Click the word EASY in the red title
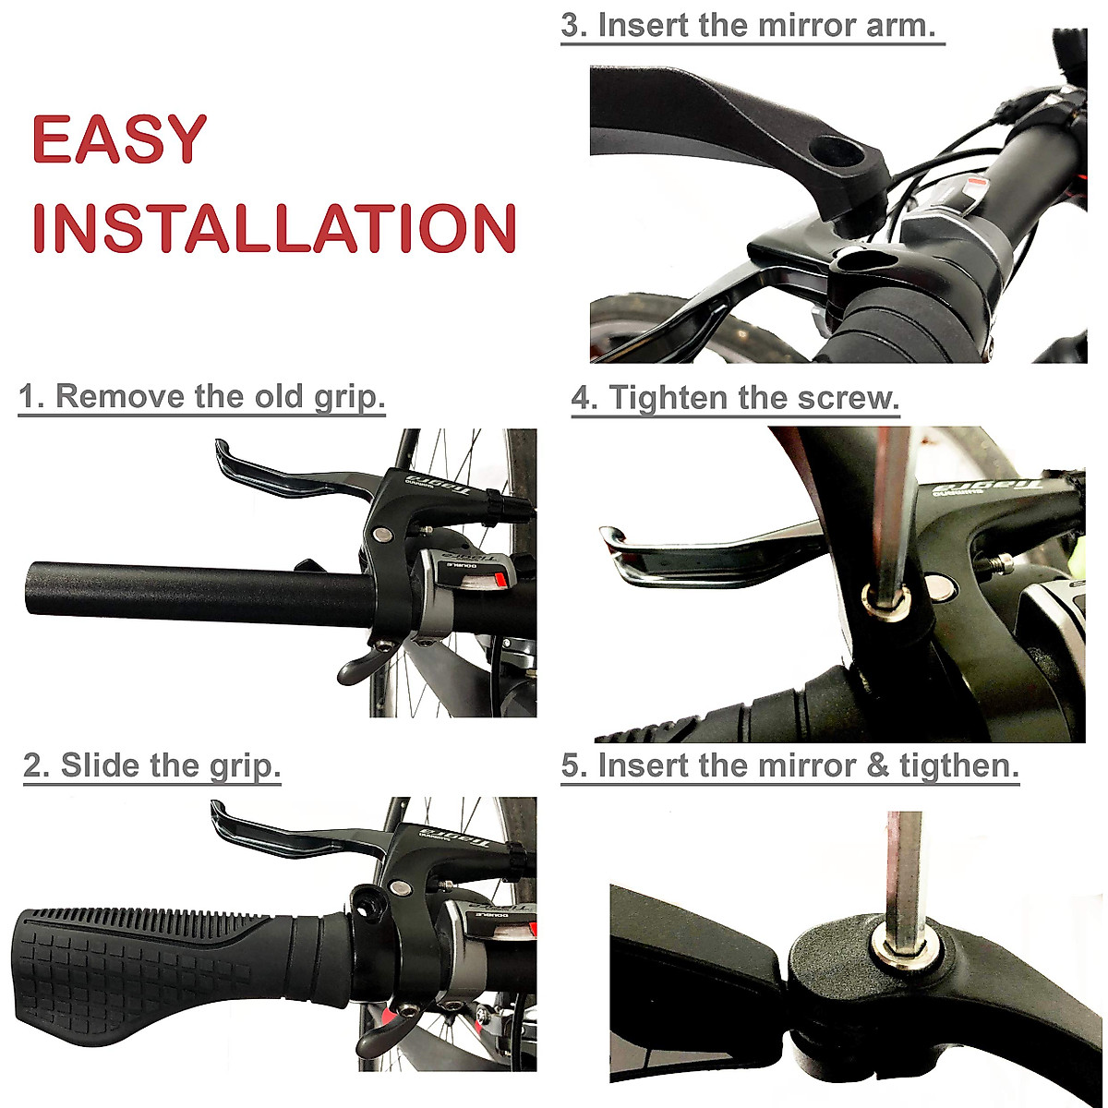point(118,140)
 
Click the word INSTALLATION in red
point(274,228)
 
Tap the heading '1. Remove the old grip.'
point(201,396)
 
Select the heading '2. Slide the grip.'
point(151,765)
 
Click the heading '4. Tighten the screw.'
point(735,398)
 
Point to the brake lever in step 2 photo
point(277,836)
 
